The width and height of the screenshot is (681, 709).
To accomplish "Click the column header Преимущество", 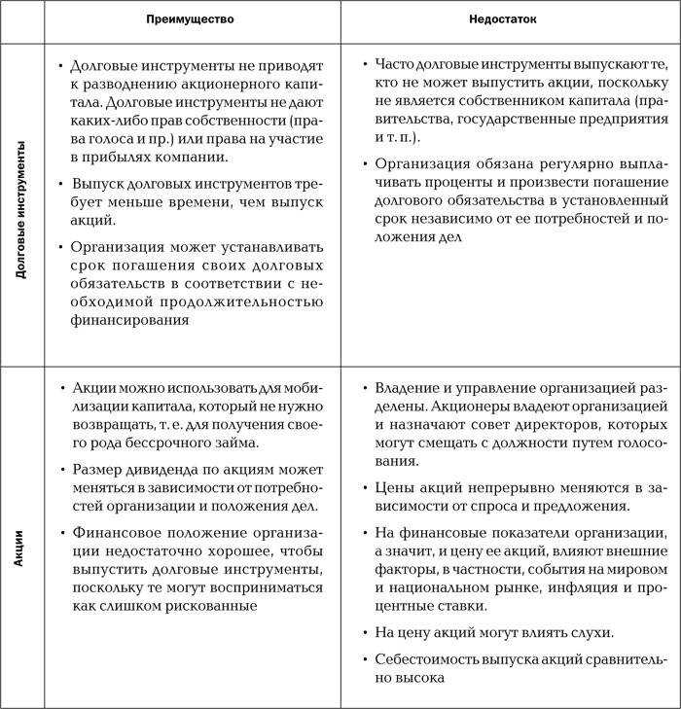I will (191, 19).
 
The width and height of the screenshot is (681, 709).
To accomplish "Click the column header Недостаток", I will (510, 19).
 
